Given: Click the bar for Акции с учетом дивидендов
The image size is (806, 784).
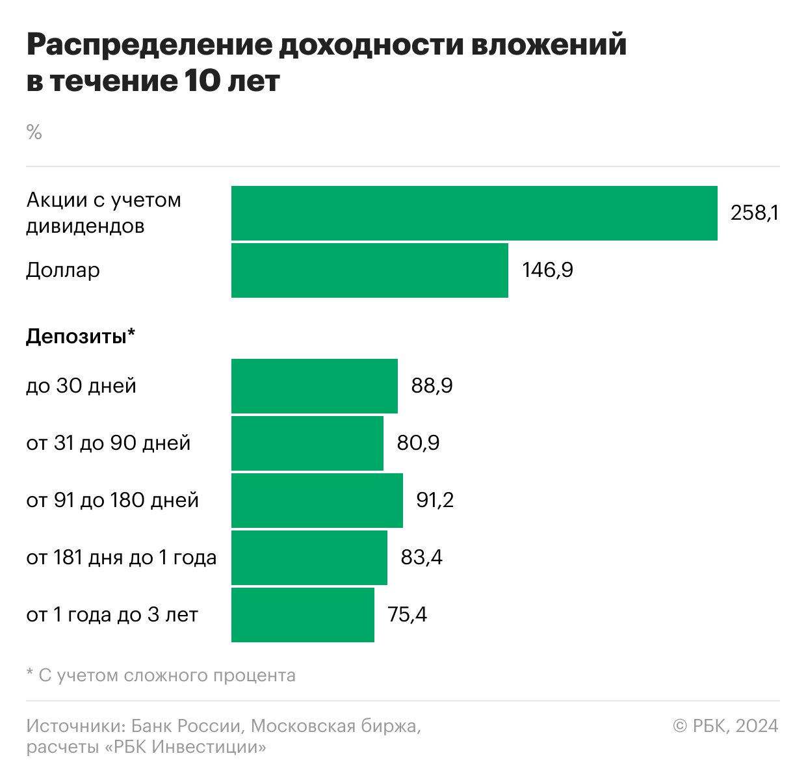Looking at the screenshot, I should (x=474, y=213).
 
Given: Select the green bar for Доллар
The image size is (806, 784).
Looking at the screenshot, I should (x=370, y=270).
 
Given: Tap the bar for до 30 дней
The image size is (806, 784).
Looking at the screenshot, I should (x=315, y=385).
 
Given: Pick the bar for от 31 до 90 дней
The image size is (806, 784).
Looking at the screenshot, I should (x=307, y=443).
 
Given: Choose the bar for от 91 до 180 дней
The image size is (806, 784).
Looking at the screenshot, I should (x=317, y=500).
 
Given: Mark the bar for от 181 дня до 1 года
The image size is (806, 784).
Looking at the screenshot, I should (x=309, y=557).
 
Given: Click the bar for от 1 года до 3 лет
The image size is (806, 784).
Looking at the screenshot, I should (x=303, y=614).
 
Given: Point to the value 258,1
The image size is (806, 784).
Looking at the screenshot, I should (x=754, y=213).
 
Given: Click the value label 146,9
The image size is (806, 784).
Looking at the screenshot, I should (x=547, y=270).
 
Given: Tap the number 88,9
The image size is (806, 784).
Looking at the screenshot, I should (x=432, y=385).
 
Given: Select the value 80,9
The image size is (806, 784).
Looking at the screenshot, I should (x=418, y=443).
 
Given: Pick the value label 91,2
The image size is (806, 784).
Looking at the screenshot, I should (x=435, y=500).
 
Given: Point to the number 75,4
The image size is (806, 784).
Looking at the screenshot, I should (x=407, y=614).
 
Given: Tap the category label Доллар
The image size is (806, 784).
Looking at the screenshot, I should (x=63, y=270).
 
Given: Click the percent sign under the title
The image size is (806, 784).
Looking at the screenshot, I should (x=34, y=133).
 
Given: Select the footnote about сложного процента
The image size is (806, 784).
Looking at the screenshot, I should (x=161, y=675).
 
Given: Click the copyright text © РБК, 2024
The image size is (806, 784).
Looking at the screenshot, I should (x=725, y=725).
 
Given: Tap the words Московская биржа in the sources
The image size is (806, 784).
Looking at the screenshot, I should (x=335, y=725).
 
